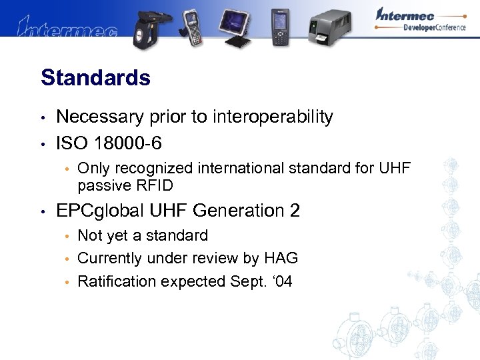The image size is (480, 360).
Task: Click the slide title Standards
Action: pyautogui.click(x=95, y=78)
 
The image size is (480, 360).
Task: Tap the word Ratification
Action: pyautogui.click(x=115, y=281)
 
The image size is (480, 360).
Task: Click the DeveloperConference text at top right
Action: pyautogui.click(x=433, y=27)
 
